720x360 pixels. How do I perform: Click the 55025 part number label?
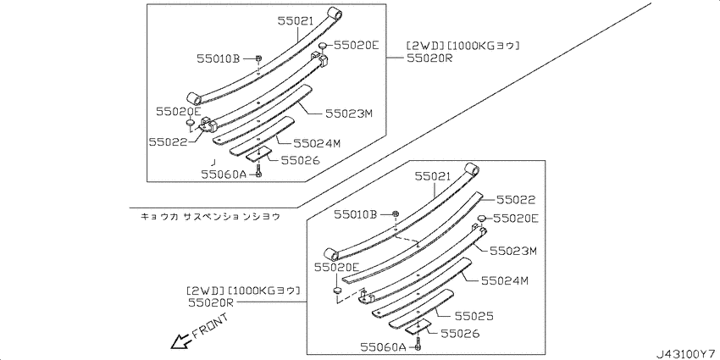click(x=474, y=316)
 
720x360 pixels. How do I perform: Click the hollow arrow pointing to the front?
click(x=181, y=341)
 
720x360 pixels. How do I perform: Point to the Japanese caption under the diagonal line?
click(x=210, y=216)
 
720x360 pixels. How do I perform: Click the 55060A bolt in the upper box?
click(x=258, y=174)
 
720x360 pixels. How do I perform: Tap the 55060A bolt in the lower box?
click(x=418, y=346)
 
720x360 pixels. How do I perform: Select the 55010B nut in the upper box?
click(x=258, y=58)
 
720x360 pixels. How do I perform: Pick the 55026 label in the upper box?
click(x=301, y=160)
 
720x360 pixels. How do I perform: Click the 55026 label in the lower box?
click(x=460, y=334)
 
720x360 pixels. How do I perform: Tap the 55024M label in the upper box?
click(x=318, y=144)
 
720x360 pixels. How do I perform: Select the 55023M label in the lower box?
click(x=513, y=251)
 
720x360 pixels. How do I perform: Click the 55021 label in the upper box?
click(x=296, y=20)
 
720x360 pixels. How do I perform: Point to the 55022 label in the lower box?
click(x=516, y=200)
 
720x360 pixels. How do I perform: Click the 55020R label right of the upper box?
click(x=429, y=58)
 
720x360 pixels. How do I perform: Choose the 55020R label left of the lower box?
click(x=211, y=302)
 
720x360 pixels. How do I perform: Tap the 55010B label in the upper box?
click(x=219, y=58)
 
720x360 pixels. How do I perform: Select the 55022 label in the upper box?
click(x=168, y=142)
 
